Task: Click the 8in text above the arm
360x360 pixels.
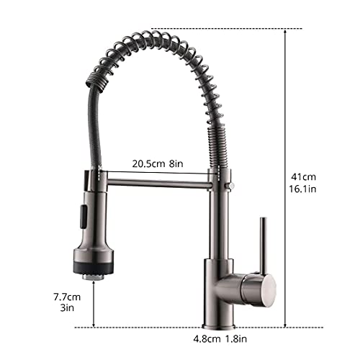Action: (177, 164)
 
